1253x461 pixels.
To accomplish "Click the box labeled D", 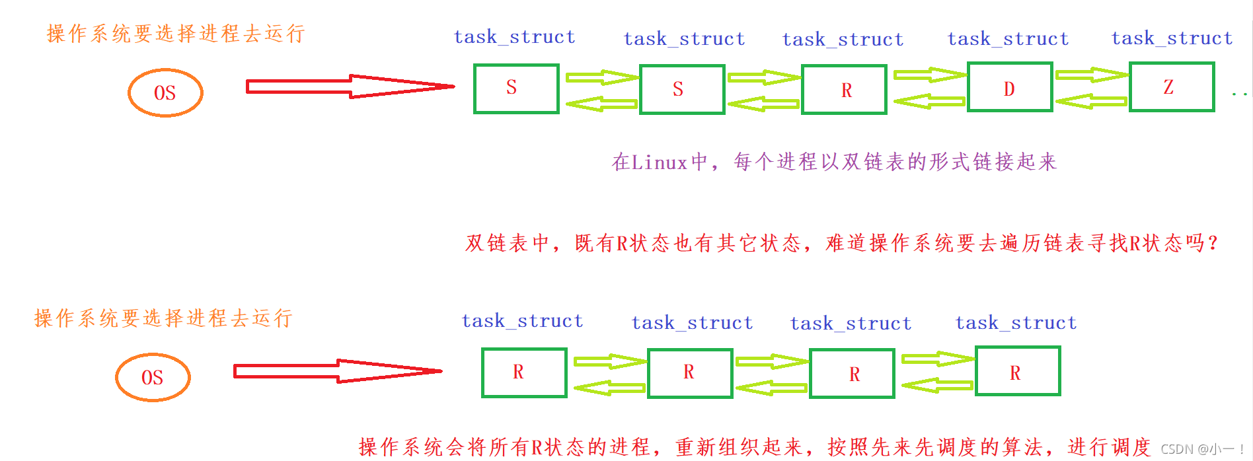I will (1009, 87).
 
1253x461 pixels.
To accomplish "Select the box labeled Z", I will (1171, 87).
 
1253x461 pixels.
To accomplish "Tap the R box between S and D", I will (844, 90).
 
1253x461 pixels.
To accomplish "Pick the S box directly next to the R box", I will (682, 89).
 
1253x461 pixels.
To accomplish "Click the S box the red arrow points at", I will (516, 89).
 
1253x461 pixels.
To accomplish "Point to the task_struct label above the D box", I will (1008, 39).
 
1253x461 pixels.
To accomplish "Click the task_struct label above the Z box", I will (1172, 38).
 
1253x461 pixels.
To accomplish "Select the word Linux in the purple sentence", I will (659, 162).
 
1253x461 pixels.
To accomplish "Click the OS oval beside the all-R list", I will (153, 377).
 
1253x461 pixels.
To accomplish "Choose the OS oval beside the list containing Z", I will (165, 92).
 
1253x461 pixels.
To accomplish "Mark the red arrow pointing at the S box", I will (350, 87).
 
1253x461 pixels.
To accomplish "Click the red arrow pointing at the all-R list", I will (337, 371).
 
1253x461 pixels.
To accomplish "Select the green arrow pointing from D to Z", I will (1090, 75).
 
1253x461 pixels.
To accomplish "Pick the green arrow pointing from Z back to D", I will (1090, 101).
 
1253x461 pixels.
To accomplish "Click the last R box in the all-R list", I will (1018, 371).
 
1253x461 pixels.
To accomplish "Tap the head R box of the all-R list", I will (524, 372).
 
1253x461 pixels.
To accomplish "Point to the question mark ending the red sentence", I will (1212, 243).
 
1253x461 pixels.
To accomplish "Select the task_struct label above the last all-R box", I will (1016, 323).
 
